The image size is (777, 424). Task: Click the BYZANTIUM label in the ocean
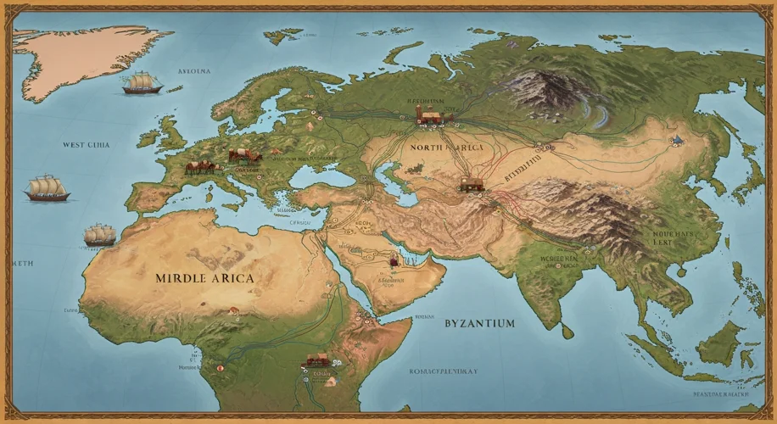[479, 323]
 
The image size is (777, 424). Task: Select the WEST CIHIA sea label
[86, 145]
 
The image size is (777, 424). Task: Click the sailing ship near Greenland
[141, 83]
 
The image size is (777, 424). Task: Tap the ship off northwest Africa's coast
[100, 235]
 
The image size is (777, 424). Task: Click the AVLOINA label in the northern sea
[193, 72]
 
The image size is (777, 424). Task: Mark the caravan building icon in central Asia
[471, 183]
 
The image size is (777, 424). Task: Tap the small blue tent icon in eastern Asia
[677, 139]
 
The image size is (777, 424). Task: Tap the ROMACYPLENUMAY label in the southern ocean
[444, 371]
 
